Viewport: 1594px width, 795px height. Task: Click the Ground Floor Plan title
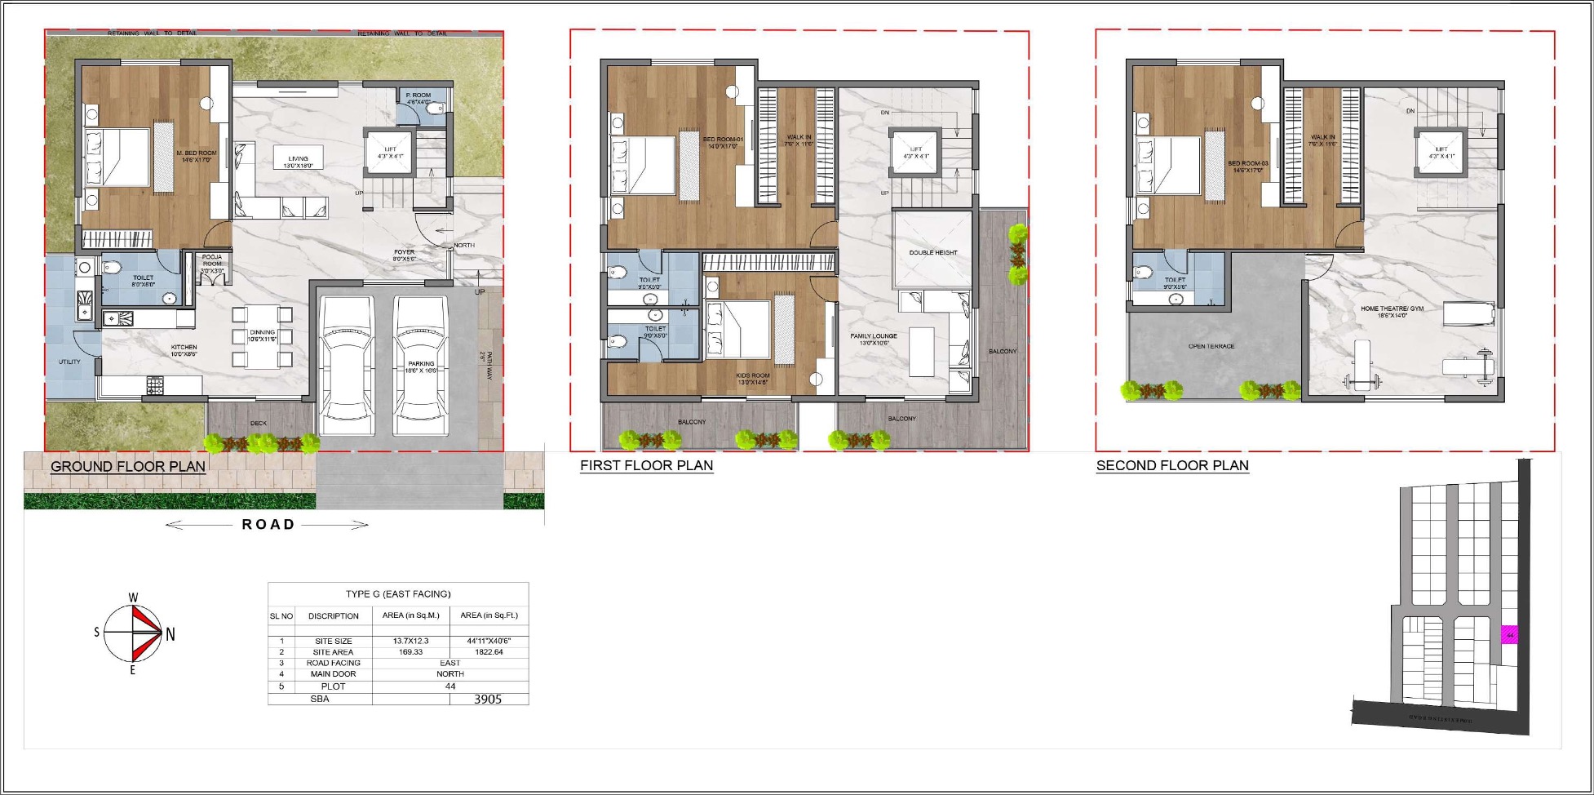128,467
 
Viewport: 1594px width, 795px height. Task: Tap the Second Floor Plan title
1171,466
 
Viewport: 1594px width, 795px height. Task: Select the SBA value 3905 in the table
488,700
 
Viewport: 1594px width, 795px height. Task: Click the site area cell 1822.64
488,652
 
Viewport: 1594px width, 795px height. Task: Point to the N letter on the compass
170,634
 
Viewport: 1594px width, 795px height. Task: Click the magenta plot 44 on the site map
1510,635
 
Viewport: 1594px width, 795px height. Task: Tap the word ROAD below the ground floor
268,525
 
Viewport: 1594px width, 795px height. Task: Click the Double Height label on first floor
932,253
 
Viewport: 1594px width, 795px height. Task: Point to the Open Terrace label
1211,347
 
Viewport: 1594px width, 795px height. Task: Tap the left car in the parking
346,365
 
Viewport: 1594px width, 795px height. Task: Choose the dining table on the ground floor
262,335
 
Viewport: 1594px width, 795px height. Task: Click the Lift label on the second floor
1441,153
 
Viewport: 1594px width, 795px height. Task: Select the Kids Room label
752,379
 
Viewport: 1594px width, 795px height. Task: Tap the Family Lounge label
873,339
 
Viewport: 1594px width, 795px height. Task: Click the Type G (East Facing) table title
398,594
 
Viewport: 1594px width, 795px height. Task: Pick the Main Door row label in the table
333,674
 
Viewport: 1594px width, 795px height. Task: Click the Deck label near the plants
258,424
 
